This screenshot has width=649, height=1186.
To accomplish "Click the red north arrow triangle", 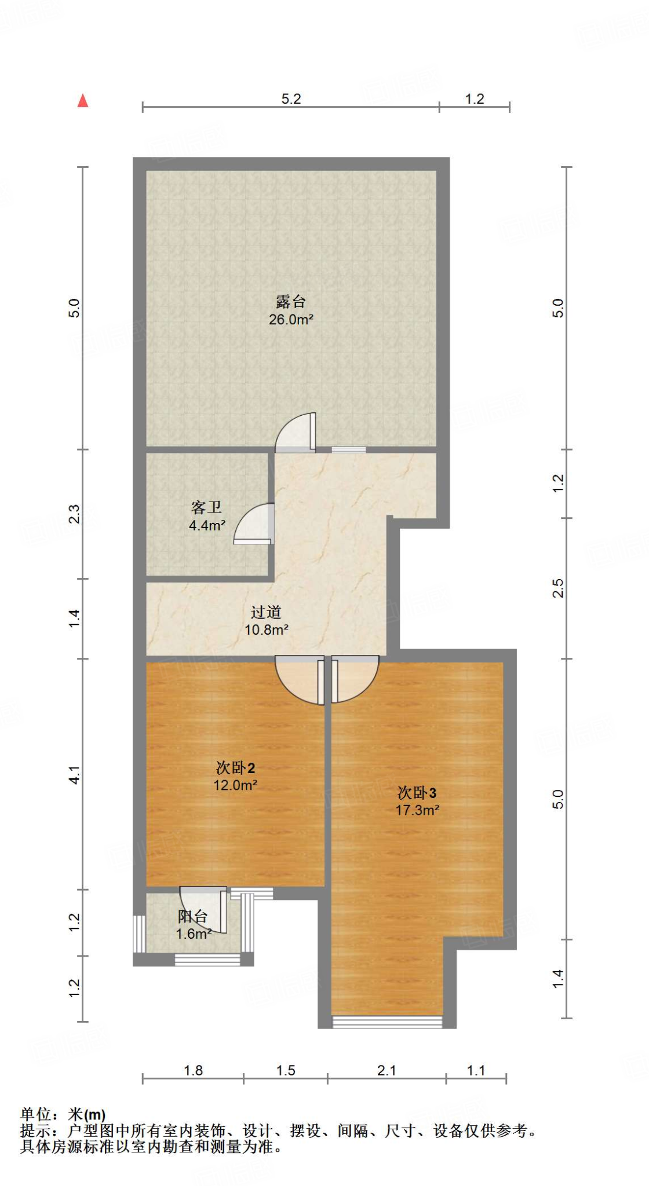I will click(83, 101).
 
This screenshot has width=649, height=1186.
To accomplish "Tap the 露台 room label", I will click(290, 301).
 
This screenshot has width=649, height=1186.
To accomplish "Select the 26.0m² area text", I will click(291, 319).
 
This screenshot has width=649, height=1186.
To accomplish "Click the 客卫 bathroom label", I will click(206, 507).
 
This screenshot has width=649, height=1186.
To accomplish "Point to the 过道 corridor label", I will click(266, 612).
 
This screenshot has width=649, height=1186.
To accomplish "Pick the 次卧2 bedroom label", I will click(235, 768).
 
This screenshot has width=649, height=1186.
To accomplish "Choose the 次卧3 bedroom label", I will click(417, 793).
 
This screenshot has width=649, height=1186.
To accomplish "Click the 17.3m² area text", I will click(417, 810).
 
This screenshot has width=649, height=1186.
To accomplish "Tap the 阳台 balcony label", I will click(192, 916).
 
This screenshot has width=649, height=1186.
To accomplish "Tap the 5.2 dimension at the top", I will click(291, 99).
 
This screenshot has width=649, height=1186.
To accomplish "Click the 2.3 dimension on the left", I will click(74, 514).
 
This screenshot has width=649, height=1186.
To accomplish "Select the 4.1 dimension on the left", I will click(74, 774).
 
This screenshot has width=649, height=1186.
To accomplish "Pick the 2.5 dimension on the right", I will click(557, 588).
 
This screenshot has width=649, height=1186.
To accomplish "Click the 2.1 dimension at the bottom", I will click(387, 1071).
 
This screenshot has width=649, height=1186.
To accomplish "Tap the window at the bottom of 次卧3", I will click(387, 1022).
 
